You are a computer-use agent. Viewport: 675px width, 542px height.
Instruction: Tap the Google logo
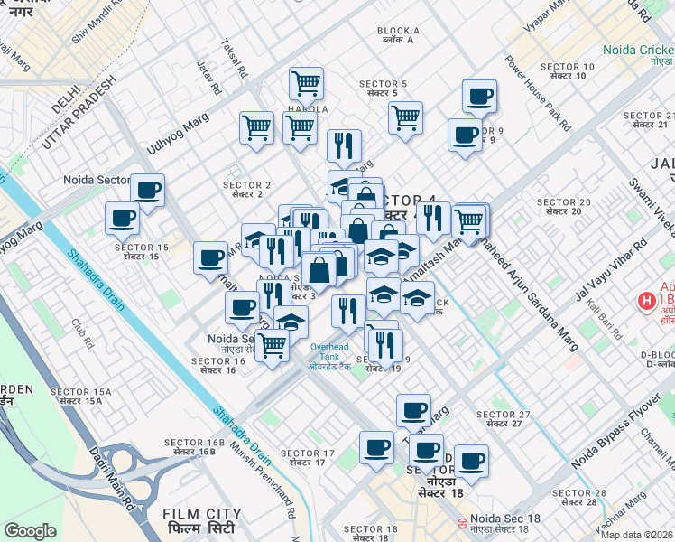point(31,531)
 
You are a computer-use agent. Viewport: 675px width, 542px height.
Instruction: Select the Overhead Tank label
point(328,351)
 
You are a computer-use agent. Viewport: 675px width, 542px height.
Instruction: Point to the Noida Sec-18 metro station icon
point(462,523)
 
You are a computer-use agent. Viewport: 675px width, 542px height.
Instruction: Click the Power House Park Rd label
point(538,94)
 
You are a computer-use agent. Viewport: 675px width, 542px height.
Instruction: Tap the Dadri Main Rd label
point(108,474)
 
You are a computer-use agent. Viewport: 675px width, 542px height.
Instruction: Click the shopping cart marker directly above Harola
point(307,83)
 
